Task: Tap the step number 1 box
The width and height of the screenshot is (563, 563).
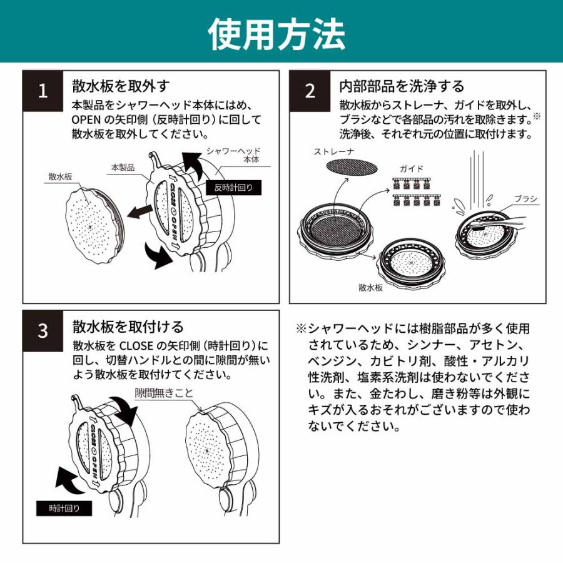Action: click(x=43, y=91)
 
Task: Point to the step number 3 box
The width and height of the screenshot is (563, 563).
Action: click(x=43, y=330)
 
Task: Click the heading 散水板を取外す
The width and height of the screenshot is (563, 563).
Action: click(x=121, y=86)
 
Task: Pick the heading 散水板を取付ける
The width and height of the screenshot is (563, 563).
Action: click(x=128, y=327)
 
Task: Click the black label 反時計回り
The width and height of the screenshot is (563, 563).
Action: click(x=234, y=187)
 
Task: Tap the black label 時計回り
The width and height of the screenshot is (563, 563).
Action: click(x=64, y=509)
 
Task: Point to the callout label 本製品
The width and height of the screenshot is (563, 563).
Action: click(x=123, y=167)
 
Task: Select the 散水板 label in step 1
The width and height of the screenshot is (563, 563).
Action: click(x=60, y=177)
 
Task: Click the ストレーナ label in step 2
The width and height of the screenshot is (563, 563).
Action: click(x=334, y=151)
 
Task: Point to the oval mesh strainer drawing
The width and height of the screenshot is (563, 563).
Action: click(x=353, y=166)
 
